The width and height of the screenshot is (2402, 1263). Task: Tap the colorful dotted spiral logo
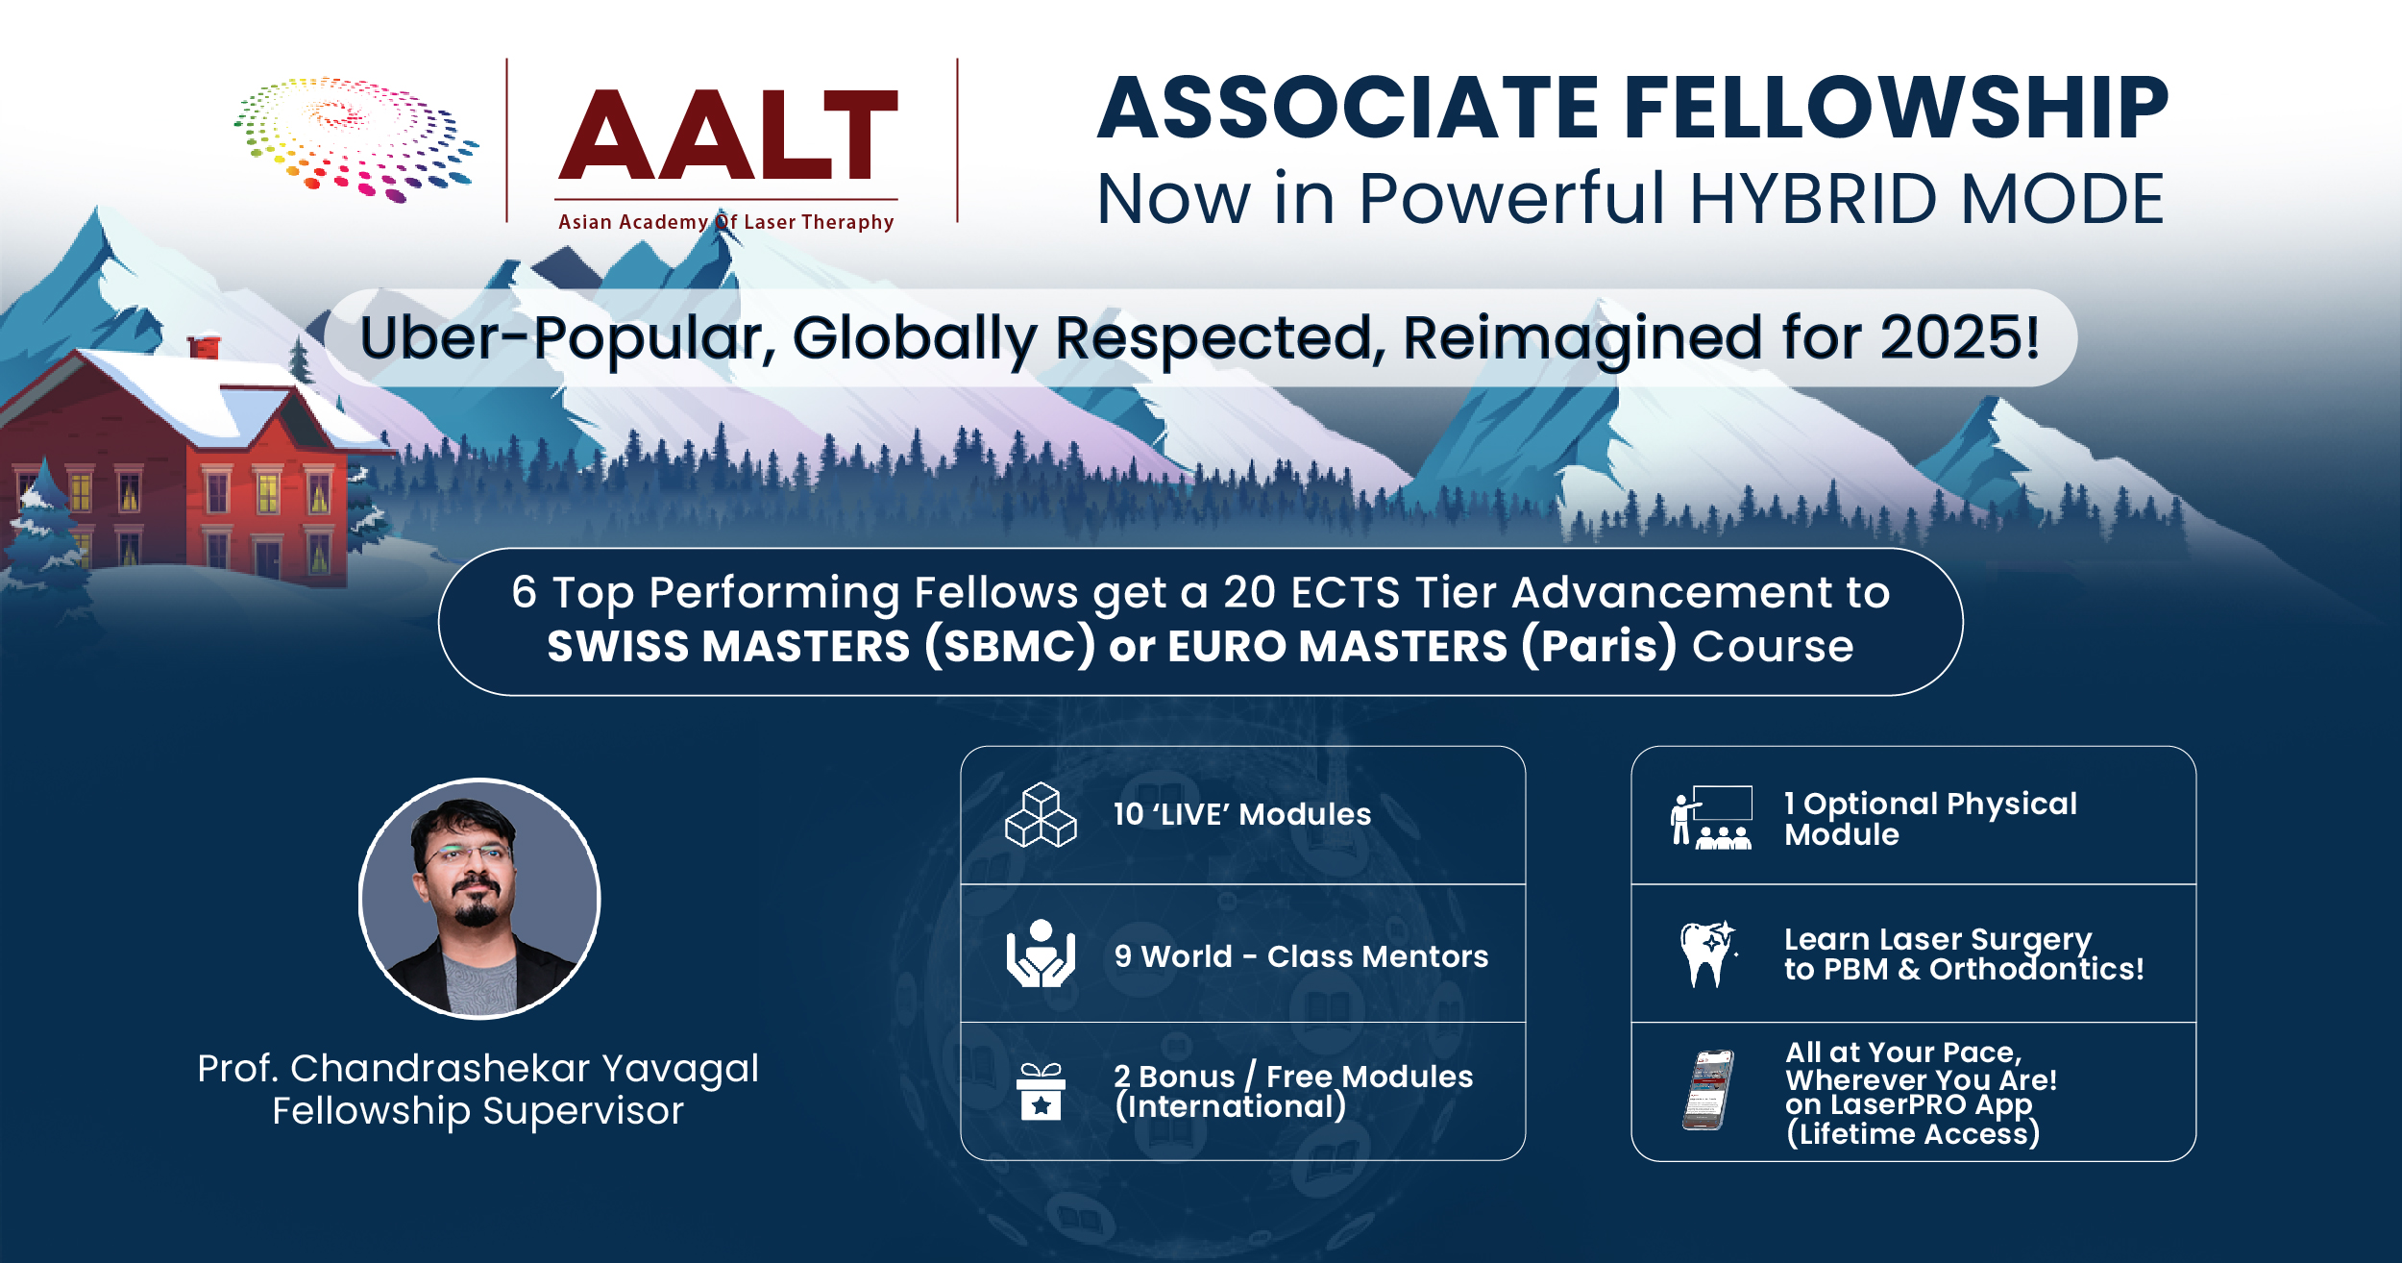[356, 139]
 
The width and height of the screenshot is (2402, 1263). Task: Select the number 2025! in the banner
[1960, 337]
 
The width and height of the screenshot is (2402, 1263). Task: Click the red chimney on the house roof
[204, 345]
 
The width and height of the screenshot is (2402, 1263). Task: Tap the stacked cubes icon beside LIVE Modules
[1041, 815]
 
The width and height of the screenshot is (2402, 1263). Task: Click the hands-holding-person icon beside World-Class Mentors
[1041, 953]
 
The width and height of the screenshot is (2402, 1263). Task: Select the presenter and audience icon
[1711, 817]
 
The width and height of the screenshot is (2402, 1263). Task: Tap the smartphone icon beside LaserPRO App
[1708, 1090]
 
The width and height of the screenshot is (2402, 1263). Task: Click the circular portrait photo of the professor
[479, 899]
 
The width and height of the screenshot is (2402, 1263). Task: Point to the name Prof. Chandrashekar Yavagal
[478, 1068]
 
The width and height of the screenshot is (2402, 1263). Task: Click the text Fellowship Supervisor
[478, 1111]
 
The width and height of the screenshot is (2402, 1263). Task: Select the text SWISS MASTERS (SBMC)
[821, 646]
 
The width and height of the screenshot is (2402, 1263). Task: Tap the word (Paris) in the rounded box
[1600, 646]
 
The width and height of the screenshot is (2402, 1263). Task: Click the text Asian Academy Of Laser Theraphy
[726, 222]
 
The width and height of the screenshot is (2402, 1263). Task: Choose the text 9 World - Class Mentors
[1301, 956]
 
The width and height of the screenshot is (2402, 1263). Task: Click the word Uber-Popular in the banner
[568, 338]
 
